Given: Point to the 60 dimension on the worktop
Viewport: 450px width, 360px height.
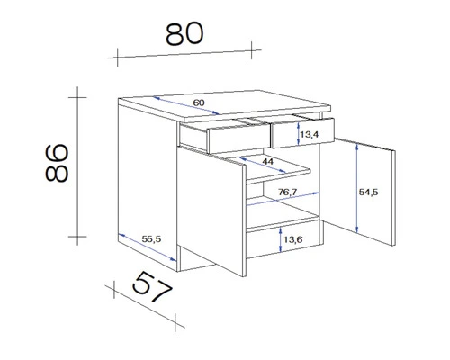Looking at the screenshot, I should pyautogui.click(x=199, y=103).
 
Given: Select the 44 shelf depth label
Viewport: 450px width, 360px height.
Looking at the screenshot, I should pyautogui.click(x=268, y=160).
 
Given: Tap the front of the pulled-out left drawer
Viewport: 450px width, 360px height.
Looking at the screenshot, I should pyautogui.click(x=236, y=139).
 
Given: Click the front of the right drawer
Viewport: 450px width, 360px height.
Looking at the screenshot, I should pyautogui.click(x=301, y=135).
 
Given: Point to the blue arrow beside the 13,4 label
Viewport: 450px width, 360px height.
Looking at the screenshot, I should pyautogui.click(x=298, y=135).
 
